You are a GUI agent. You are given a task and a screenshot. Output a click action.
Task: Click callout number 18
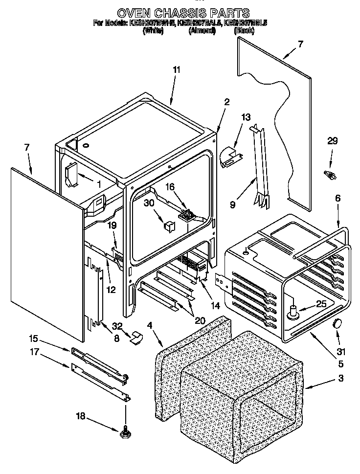(x=81, y=416)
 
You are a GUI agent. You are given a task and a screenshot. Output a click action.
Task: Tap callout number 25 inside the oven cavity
(x=320, y=304)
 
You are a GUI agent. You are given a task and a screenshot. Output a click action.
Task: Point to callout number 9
(x=232, y=205)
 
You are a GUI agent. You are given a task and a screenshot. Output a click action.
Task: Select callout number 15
(x=33, y=338)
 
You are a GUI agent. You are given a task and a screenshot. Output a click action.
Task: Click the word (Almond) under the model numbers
(x=202, y=30)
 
